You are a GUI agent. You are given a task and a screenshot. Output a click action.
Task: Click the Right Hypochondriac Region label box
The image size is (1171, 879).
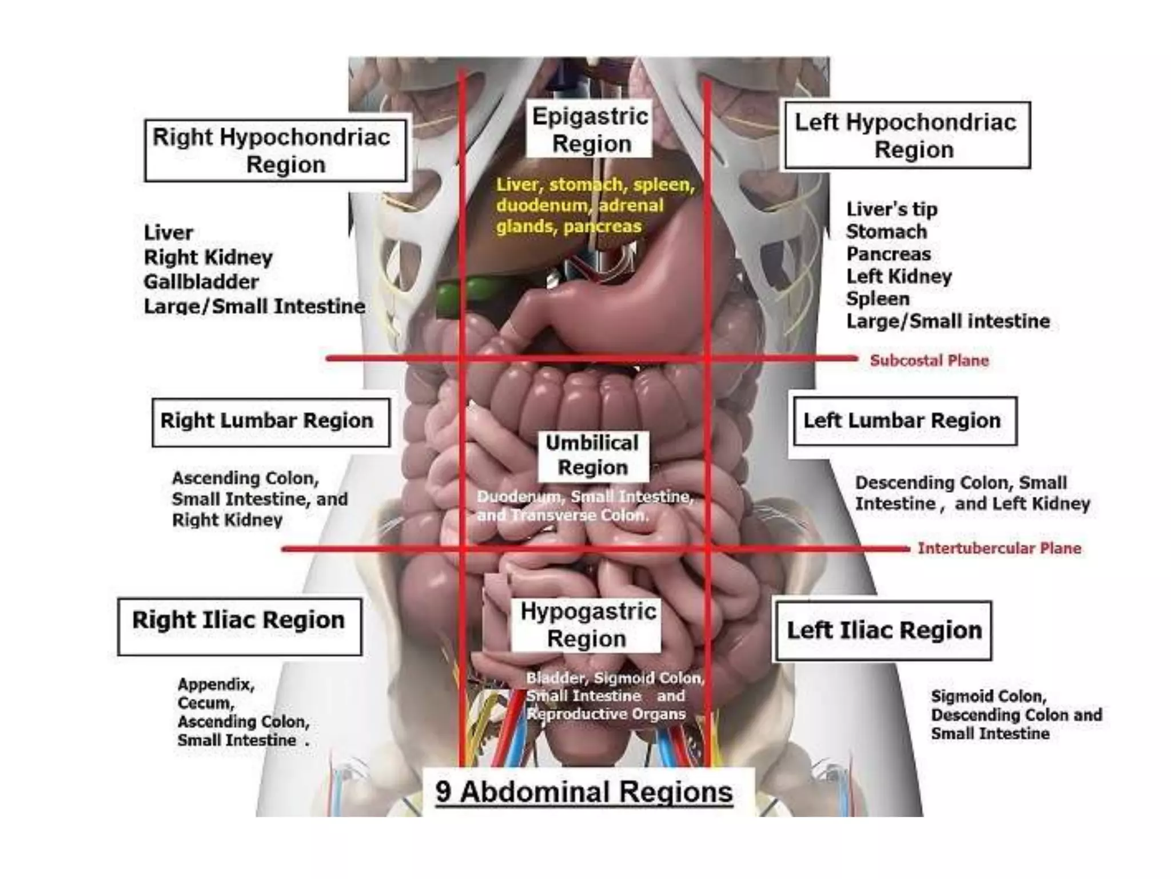pos(276,151)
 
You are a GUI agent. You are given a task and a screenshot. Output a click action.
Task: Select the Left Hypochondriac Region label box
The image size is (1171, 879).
pos(907,136)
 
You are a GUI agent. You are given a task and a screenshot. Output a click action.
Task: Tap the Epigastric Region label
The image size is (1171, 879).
pos(590,130)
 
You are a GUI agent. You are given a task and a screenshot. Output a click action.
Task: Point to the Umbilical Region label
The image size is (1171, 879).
pos(593,456)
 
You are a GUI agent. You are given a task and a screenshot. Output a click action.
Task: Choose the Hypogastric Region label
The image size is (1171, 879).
pos(587,625)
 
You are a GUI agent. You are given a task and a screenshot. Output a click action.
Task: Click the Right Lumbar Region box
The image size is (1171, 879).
pos(270,422)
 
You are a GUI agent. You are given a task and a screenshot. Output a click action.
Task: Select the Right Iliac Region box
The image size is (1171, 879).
pos(240,627)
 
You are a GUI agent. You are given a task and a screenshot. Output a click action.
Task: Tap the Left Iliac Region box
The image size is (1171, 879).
pos(883,630)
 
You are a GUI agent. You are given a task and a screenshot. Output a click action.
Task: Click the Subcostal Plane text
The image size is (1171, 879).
pos(929,361)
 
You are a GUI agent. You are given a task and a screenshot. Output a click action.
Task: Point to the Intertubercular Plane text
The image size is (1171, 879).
pos(999,548)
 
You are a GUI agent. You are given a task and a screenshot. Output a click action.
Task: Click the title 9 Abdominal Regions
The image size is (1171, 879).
pos(584,793)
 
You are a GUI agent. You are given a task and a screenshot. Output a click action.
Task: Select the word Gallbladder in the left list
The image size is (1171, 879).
pos(201,282)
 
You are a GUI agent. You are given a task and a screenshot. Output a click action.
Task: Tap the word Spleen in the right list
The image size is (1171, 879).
pos(878,299)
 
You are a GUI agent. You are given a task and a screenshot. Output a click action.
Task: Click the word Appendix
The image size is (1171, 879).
pos(215,684)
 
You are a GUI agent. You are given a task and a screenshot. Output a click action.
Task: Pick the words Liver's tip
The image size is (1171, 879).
pos(891,209)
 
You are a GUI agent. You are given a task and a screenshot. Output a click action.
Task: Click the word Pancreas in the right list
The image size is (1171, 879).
pos(889,254)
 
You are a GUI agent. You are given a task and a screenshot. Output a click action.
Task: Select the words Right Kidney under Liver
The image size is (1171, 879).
pos(208,258)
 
